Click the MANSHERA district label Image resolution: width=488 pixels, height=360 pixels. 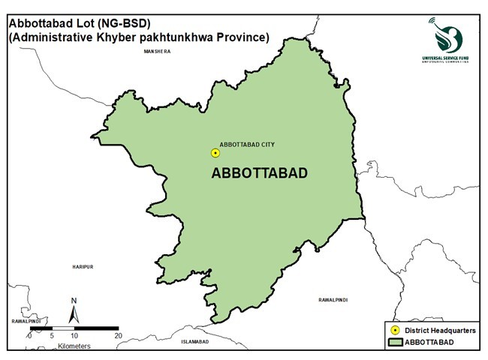(158, 52)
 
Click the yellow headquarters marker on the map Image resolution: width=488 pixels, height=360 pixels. (215, 153)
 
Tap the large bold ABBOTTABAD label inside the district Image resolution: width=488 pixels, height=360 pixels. (261, 173)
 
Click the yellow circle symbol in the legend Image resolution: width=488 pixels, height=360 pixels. (395, 330)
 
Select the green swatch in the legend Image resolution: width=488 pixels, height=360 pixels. (395, 343)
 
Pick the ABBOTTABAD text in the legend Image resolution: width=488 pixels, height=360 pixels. (429, 343)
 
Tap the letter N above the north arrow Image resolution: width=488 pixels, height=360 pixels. (74, 301)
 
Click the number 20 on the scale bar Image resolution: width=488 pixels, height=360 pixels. (118, 336)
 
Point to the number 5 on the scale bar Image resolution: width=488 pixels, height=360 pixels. (51, 336)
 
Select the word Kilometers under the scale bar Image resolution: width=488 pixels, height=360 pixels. (74, 346)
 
